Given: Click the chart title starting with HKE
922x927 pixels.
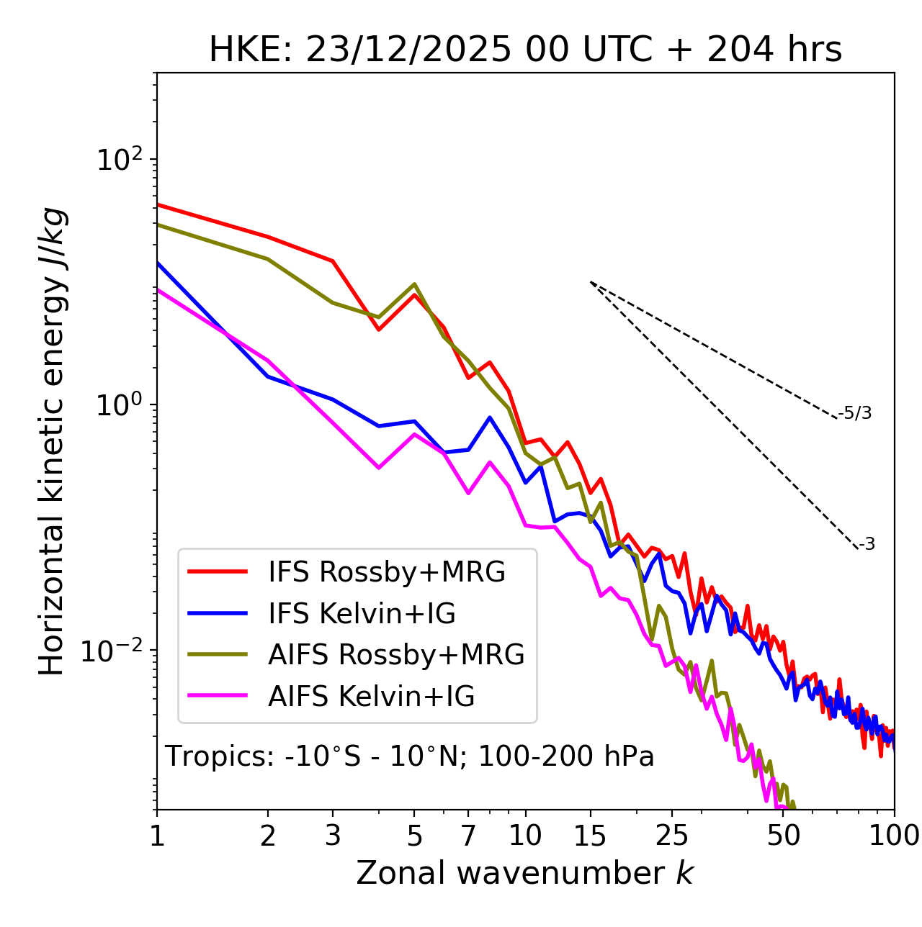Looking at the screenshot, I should coord(525,50).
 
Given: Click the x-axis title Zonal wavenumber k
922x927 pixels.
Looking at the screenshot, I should coord(524,873).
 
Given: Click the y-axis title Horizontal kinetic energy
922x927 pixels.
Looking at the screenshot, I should coord(53,441).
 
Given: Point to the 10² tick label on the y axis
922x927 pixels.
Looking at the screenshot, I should coord(119,160).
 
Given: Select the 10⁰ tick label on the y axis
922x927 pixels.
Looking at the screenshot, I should coord(119,405).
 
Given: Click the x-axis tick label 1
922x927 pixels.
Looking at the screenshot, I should coord(157,836).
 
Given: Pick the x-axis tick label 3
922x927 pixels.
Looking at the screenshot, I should coord(333,836).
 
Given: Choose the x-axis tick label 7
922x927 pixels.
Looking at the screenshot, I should coord(468,836).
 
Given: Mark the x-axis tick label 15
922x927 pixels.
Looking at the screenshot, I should coord(590,836).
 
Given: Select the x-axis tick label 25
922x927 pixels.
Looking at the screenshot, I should coord(672,836).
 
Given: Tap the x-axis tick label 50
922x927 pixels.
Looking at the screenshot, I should coord(784,836).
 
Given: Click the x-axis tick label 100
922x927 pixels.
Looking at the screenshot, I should coord(894,836).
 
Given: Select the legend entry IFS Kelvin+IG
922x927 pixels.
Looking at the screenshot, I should coord(362,614).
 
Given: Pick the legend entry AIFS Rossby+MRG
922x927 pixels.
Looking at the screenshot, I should coord(396,655).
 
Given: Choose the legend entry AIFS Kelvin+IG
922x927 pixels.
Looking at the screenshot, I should coord(371,697).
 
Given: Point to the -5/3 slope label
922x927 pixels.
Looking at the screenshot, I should coord(855,414).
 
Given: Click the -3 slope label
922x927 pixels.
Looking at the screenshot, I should coord(867,545).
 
